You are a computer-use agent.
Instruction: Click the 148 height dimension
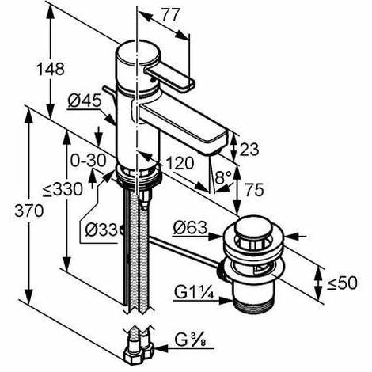[x=51, y=69]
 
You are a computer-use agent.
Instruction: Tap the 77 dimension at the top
[x=170, y=15]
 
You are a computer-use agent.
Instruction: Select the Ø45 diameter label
[x=85, y=101]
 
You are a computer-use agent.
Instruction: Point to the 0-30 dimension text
[x=89, y=160]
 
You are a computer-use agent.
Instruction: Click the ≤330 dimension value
[x=63, y=189]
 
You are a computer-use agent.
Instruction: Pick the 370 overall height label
[x=29, y=211]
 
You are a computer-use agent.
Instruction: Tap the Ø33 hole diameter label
[x=101, y=230]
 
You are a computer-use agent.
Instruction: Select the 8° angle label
[x=223, y=177]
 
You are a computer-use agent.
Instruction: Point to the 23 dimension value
[x=249, y=150]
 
